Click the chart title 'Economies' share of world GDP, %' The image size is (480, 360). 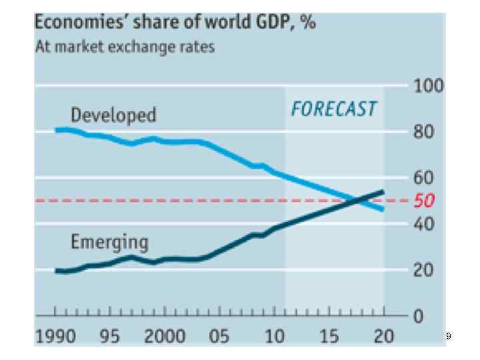pos(175,23)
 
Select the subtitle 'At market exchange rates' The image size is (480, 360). pos(125,47)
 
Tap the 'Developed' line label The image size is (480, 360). pos(113,115)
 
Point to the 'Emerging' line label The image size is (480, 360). pos(109,242)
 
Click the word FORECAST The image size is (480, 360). pos(333,109)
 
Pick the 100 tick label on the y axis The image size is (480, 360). pos(428,86)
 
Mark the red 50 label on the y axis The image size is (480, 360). pos(424,201)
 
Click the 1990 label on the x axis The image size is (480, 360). pos(56,335)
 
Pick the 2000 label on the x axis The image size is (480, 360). pos(165,335)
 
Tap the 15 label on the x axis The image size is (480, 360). pos(329,335)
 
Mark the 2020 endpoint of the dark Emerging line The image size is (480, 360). pos(383,191)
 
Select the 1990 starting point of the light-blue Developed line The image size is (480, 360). pos(56,130)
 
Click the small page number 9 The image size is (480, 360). pos(449,337)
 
